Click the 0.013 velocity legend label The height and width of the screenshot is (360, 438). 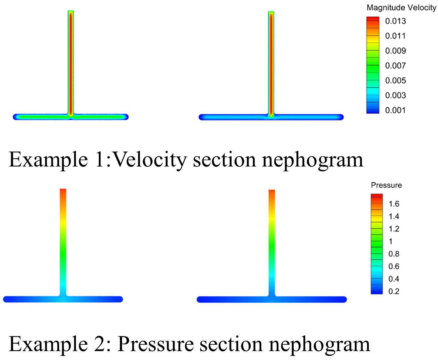click(x=395, y=21)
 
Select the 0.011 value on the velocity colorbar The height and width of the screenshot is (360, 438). click(x=395, y=36)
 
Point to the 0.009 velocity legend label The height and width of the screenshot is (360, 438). click(x=395, y=51)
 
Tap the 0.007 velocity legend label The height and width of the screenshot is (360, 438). click(x=395, y=66)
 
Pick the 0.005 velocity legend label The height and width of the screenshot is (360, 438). click(x=395, y=80)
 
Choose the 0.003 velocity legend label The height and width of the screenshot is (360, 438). click(x=395, y=95)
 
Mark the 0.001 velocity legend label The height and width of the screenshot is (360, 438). click(x=395, y=110)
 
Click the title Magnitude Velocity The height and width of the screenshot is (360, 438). click(x=401, y=8)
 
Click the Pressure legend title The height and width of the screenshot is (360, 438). click(x=386, y=185)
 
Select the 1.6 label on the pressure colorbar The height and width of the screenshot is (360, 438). click(x=394, y=204)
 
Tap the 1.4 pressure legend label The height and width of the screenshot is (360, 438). click(x=394, y=216)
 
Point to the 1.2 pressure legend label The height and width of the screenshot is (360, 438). click(x=394, y=229)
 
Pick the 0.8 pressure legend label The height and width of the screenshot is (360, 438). click(x=394, y=254)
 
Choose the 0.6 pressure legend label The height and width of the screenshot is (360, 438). click(x=394, y=266)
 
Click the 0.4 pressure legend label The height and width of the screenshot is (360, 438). click(x=394, y=279)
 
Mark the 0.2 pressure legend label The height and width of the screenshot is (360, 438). click(x=394, y=291)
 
